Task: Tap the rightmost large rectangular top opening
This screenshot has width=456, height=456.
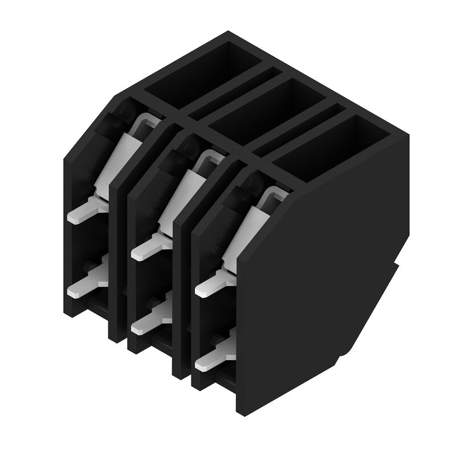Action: pyautogui.click(x=325, y=142)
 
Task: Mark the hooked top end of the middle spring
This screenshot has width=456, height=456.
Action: pyautogui.click(x=210, y=157)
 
